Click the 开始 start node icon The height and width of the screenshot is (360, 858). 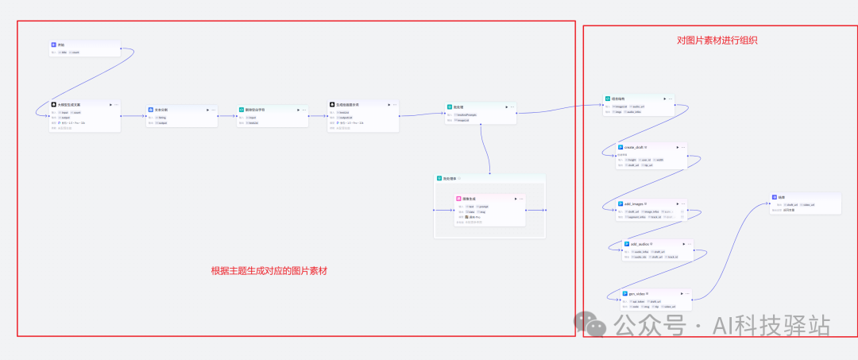tap(53, 45)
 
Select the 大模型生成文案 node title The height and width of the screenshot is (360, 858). tap(69, 104)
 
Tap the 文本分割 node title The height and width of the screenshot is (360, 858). tap(160, 109)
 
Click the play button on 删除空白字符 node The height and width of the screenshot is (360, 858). tap(299, 110)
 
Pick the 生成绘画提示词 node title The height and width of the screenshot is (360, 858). tap(347, 104)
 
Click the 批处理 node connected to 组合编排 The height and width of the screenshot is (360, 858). tap(458, 106)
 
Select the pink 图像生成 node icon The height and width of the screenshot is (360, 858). tap(458, 199)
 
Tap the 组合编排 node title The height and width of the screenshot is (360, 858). tap(618, 99)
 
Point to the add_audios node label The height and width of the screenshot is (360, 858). tap(640, 244)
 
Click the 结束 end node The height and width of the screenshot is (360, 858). tap(782, 196)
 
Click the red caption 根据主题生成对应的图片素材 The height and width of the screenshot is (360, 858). tap(269, 271)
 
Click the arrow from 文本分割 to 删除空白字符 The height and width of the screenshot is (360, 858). tap(227, 116)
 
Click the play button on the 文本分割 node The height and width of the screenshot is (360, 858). tap(207, 110)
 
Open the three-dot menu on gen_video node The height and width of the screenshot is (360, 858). tap(685, 294)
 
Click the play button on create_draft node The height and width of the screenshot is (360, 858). tap(677, 147)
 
